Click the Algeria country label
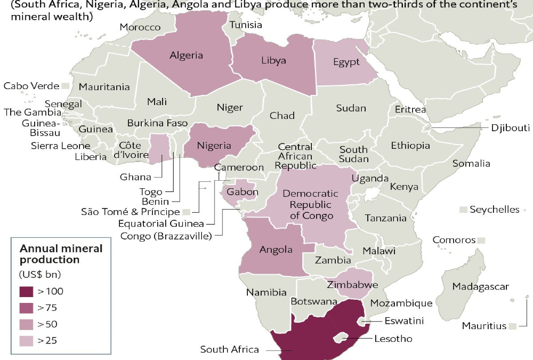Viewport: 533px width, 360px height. point(186,55)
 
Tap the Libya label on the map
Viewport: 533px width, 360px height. point(273,60)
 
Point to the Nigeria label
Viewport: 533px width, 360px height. point(214,145)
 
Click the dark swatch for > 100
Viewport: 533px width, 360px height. point(27,291)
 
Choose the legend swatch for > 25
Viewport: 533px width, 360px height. point(27,340)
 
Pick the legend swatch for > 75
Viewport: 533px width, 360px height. point(27,307)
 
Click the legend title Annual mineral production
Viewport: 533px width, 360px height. point(53,254)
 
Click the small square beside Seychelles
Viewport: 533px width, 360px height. point(463,209)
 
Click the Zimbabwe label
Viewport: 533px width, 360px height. point(349,285)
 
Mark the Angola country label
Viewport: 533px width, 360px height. point(276,249)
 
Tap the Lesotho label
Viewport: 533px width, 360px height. point(393,339)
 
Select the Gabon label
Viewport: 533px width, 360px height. point(243,192)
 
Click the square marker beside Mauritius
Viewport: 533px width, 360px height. point(512,326)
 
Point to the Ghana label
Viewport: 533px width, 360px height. point(135,177)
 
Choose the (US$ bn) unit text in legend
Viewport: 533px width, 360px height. point(41,275)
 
